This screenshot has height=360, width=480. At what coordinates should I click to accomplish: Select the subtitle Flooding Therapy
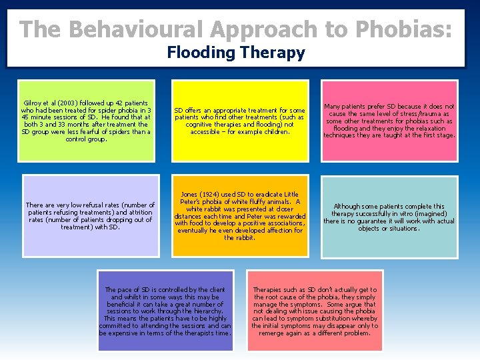coord(236,53)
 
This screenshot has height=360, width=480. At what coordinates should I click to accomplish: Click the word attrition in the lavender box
coord(139,213)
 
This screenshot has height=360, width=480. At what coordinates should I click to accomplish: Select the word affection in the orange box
coord(267,231)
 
